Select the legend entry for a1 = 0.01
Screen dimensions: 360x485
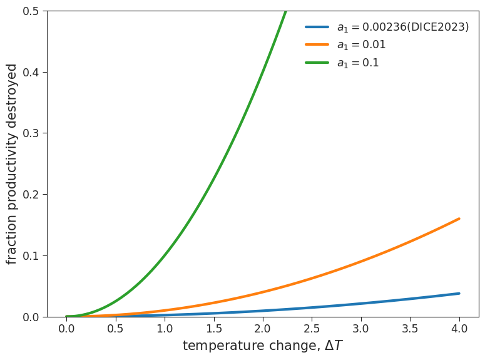361,45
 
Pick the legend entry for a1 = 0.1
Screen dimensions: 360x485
358,63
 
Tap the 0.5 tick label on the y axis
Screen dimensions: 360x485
30,11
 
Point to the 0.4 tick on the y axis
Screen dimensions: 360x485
30,73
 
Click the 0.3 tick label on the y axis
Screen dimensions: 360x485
30,133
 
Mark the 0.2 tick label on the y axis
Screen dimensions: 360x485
30,195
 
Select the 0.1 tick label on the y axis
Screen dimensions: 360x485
30,255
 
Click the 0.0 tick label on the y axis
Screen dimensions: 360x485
30,317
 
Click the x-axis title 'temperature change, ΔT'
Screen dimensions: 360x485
263,346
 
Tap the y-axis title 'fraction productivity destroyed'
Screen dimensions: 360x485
13,164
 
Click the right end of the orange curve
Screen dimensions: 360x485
459,219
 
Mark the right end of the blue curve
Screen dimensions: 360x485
459,293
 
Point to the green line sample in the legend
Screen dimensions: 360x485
317,63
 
